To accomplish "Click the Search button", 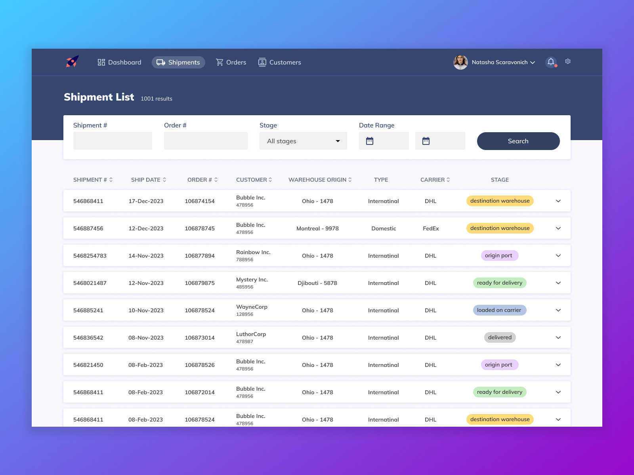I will pyautogui.click(x=518, y=141).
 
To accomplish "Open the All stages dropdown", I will pyautogui.click(x=303, y=141).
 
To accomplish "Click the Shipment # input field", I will pyautogui.click(x=113, y=141).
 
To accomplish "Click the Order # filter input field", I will pyautogui.click(x=206, y=141).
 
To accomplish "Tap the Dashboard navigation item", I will pyautogui.click(x=119, y=63).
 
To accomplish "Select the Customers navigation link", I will pyautogui.click(x=280, y=63).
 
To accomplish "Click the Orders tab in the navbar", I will pyautogui.click(x=231, y=63).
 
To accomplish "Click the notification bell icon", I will pyautogui.click(x=551, y=62).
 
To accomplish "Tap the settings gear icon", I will pyautogui.click(x=568, y=61).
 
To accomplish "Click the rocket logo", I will pyautogui.click(x=72, y=62).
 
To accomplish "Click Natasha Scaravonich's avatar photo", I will pyautogui.click(x=460, y=62).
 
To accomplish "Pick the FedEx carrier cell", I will pyautogui.click(x=431, y=228).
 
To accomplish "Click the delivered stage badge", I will pyautogui.click(x=500, y=338).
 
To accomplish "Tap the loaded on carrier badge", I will pyautogui.click(x=499, y=310).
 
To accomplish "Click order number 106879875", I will pyautogui.click(x=200, y=283).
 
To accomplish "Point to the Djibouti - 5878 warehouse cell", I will pyautogui.click(x=317, y=283).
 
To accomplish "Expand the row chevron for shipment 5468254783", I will pyautogui.click(x=558, y=256).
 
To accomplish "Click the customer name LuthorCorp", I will pyautogui.click(x=251, y=334).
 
